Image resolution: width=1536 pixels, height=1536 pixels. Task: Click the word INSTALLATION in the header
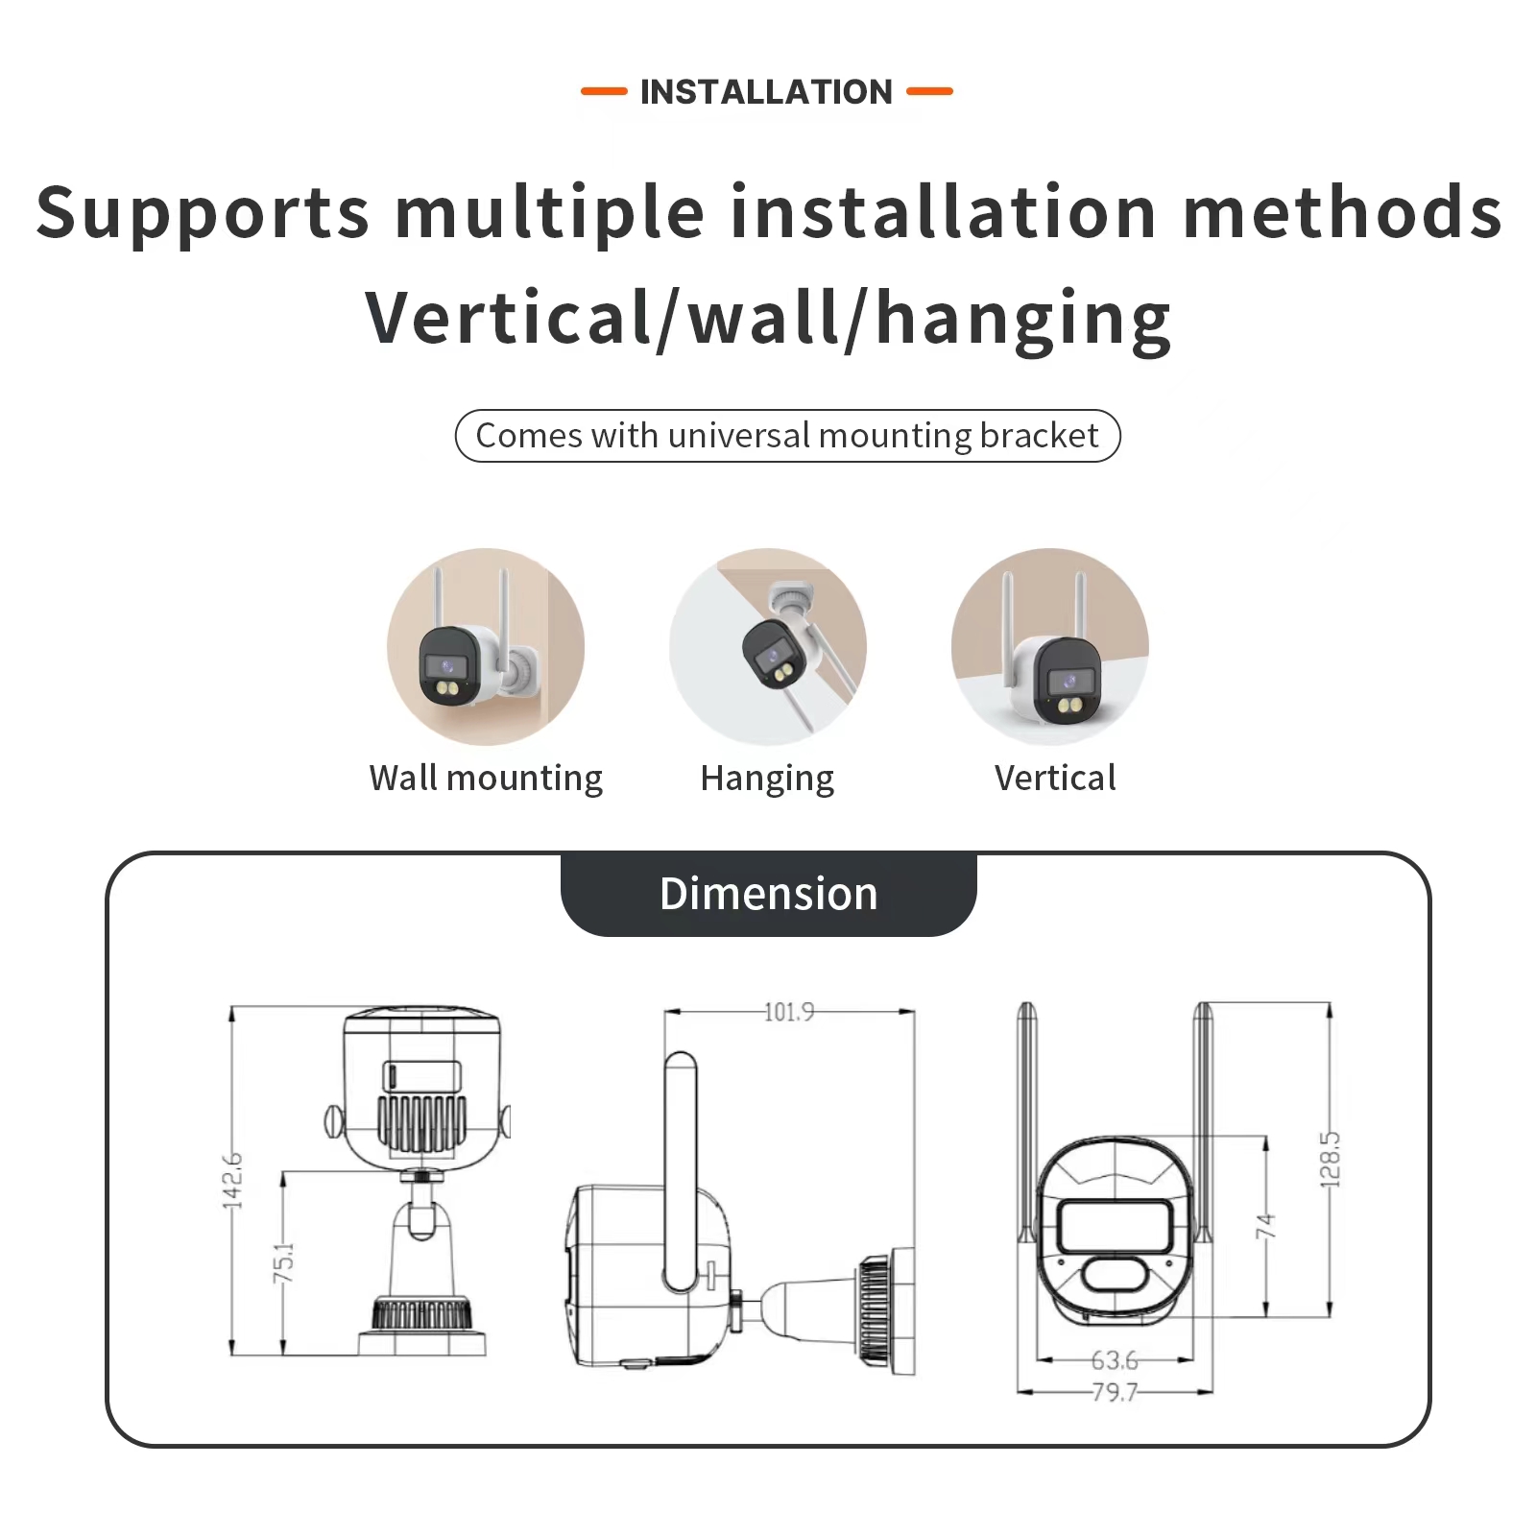(x=766, y=92)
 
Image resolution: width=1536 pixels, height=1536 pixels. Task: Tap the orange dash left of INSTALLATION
(x=604, y=92)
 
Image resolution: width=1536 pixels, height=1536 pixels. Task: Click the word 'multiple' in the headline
(x=550, y=212)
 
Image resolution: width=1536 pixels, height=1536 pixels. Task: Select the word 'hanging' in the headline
(x=1023, y=319)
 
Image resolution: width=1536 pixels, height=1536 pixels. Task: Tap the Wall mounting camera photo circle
(x=486, y=647)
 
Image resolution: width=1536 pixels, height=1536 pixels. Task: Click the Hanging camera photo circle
(x=768, y=647)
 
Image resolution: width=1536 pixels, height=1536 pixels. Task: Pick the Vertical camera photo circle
(x=1050, y=647)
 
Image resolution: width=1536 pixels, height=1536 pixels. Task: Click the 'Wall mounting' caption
(x=486, y=778)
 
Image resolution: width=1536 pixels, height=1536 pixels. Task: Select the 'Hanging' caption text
(x=767, y=779)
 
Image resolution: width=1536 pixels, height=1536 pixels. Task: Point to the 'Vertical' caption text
(x=1055, y=778)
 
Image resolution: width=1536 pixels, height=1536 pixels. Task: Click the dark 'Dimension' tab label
(x=768, y=894)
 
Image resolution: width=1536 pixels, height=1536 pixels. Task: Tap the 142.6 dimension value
(x=232, y=1181)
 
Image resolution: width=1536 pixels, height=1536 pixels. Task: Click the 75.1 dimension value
(x=284, y=1262)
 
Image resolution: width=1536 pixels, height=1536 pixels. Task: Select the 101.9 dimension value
(x=789, y=1012)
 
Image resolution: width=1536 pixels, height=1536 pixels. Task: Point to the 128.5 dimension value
(x=1330, y=1160)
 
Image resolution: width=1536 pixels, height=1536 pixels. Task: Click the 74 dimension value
(x=1265, y=1225)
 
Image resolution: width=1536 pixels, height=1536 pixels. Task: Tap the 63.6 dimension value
(x=1114, y=1360)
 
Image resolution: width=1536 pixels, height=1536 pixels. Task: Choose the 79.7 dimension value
(x=1114, y=1391)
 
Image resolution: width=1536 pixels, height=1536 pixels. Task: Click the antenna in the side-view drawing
(x=680, y=1171)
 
